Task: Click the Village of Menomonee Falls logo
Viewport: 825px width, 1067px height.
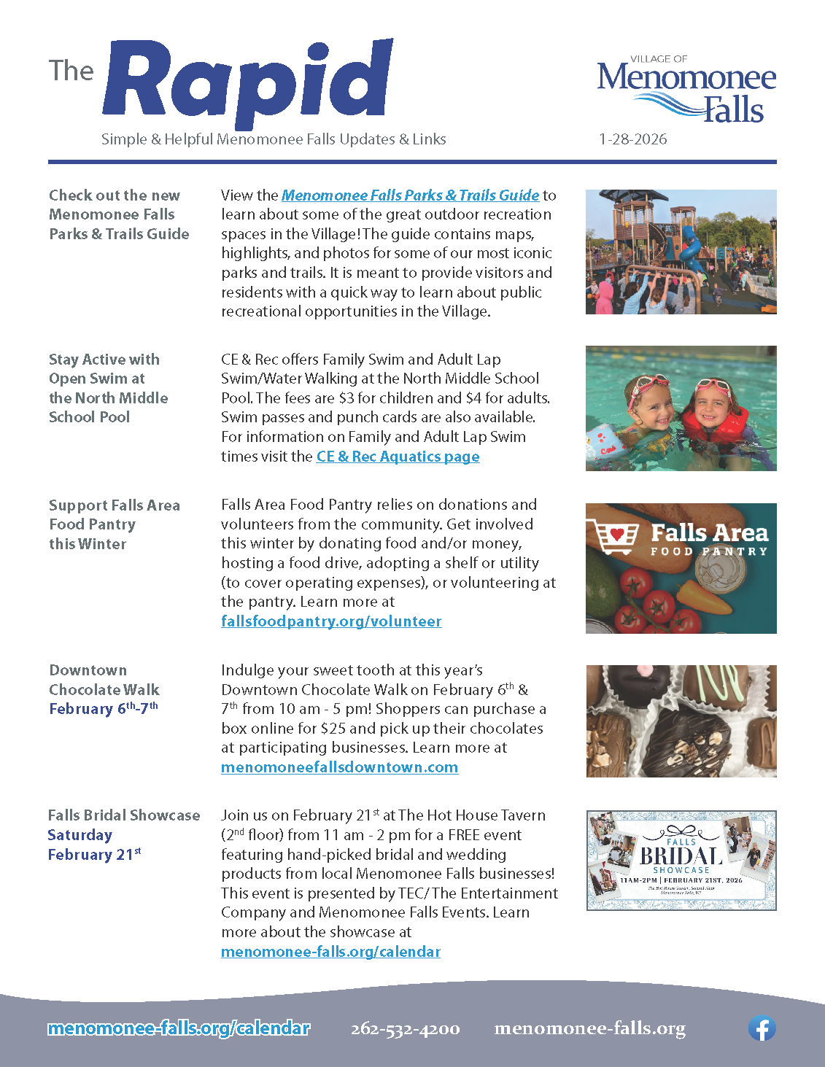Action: [686, 90]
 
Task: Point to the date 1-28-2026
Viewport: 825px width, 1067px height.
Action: [632, 139]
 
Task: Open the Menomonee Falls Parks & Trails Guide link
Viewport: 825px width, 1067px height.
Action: [410, 195]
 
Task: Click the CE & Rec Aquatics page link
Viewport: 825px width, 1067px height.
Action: [398, 457]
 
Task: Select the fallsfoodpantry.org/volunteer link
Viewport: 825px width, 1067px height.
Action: [331, 621]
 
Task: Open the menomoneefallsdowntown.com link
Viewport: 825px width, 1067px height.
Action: [339, 767]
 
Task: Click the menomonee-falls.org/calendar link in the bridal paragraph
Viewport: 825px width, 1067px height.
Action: [330, 952]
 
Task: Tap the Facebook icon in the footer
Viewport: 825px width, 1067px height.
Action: [762, 1028]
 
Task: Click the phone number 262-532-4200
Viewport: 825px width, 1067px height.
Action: [405, 1029]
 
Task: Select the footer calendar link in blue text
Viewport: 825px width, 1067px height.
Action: [179, 1028]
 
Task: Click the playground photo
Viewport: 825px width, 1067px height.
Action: [681, 252]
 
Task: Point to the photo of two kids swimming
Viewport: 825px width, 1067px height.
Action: [681, 408]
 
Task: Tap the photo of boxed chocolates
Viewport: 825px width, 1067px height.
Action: [681, 721]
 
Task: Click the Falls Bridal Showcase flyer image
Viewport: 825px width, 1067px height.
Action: [681, 860]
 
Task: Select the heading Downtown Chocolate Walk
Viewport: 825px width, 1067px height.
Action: [104, 680]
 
